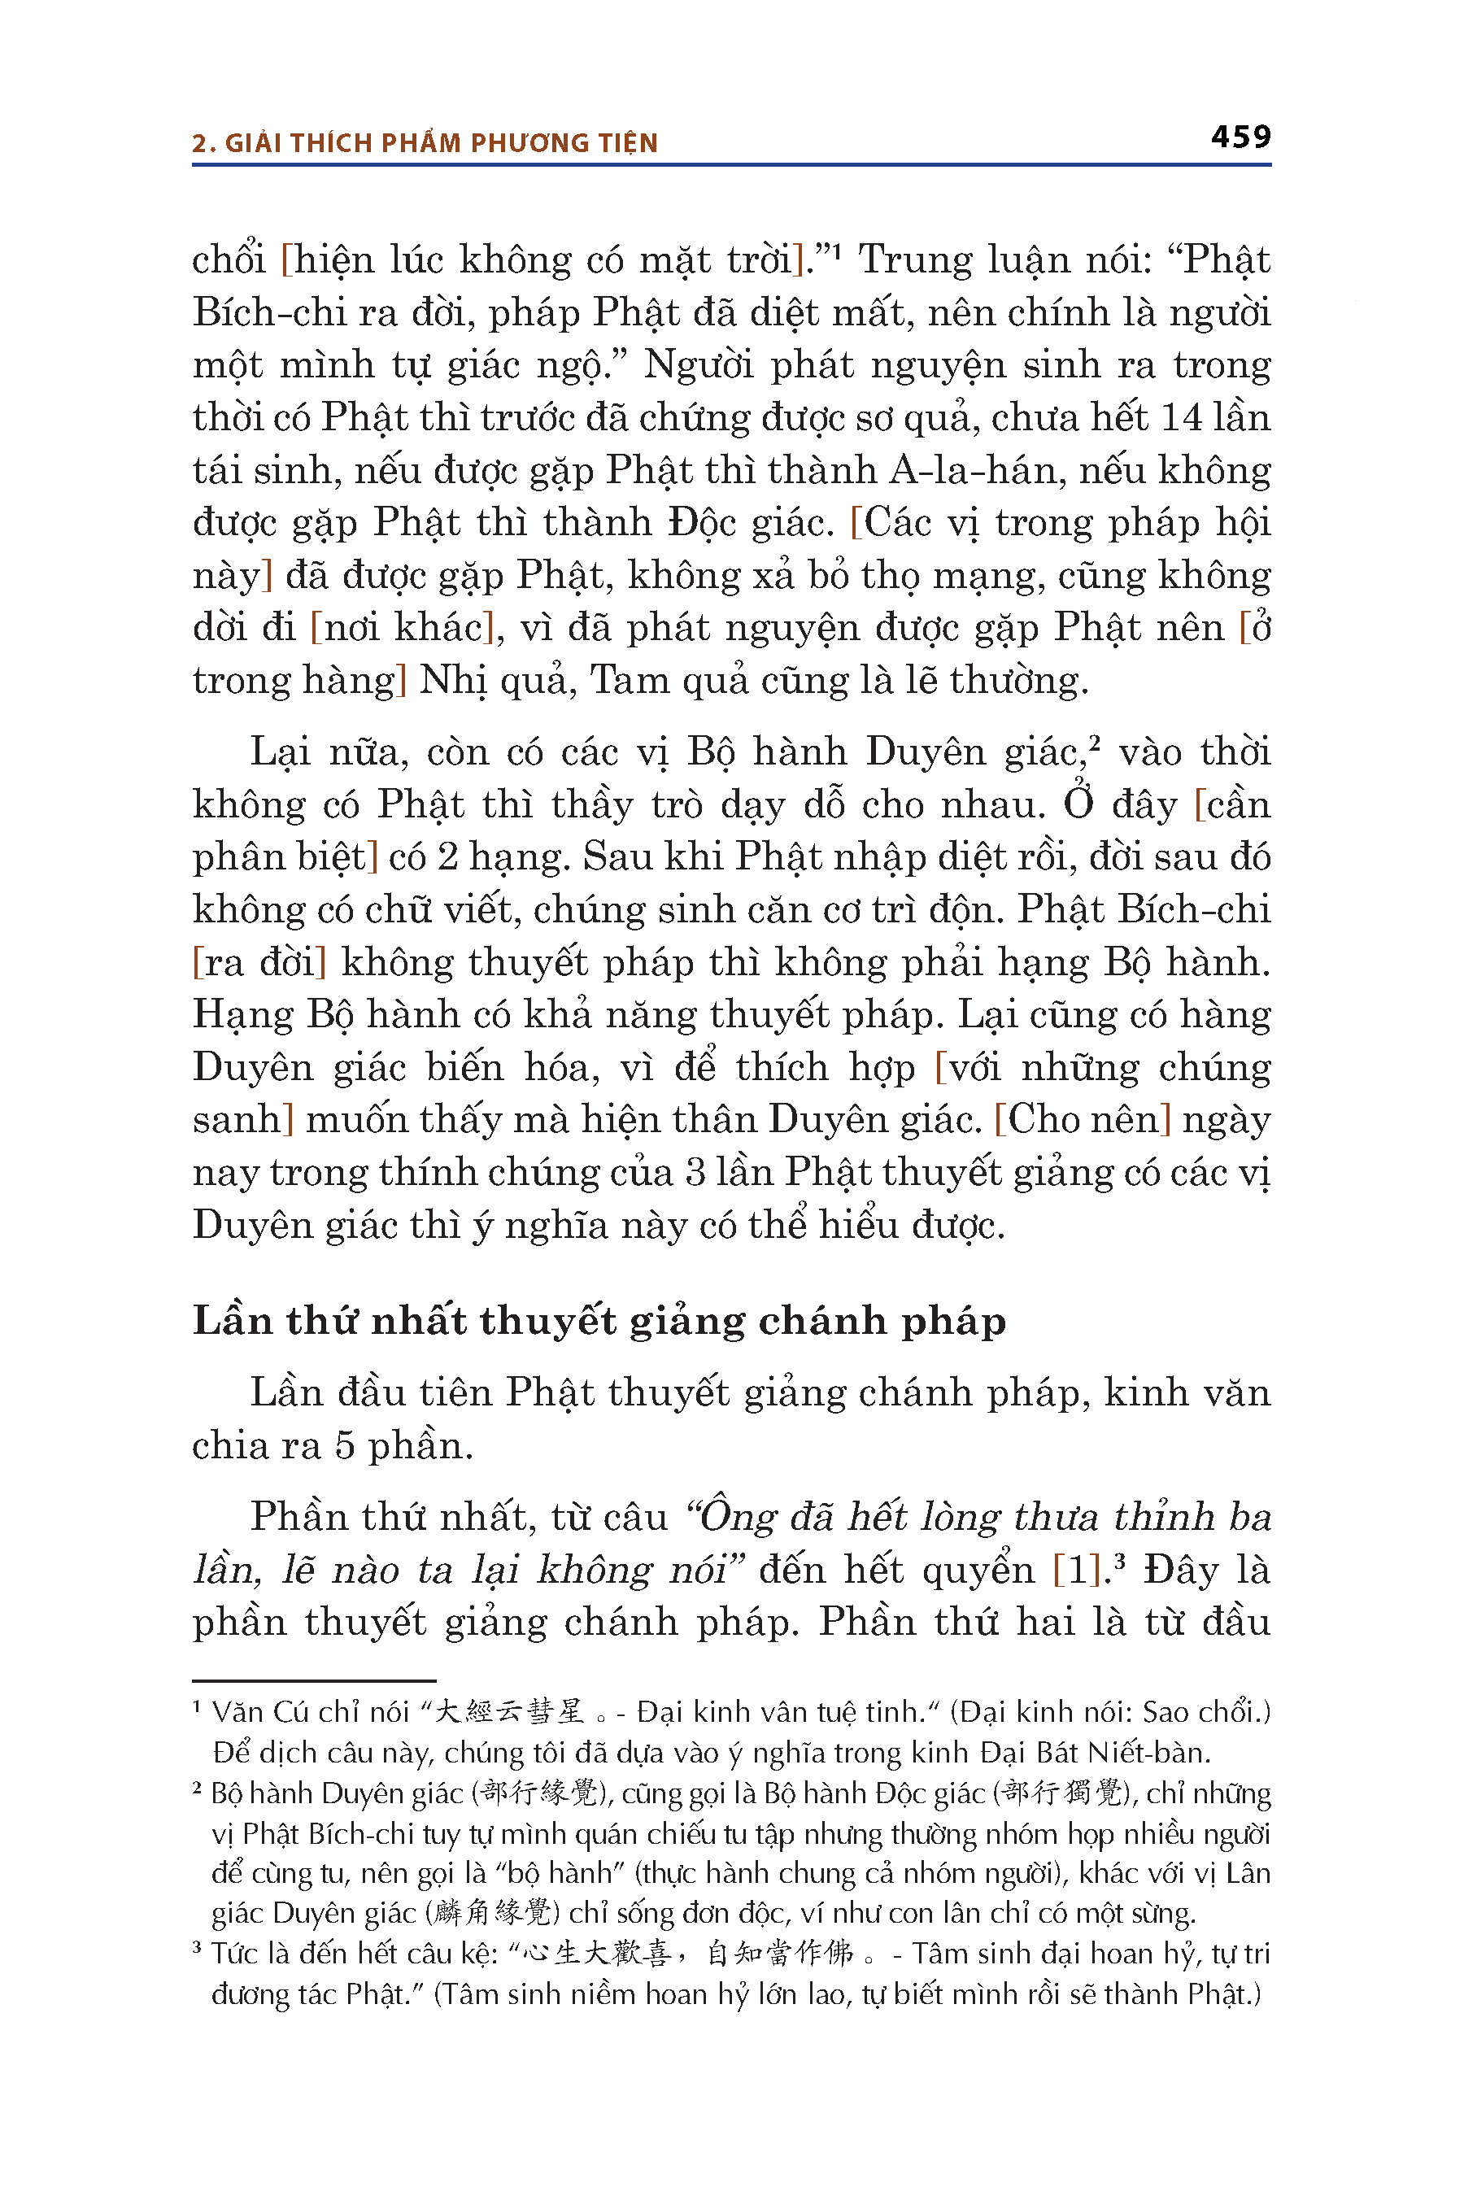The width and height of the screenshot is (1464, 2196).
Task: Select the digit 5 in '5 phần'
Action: click(x=345, y=1445)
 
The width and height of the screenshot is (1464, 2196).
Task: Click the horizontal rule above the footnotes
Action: click(x=314, y=1680)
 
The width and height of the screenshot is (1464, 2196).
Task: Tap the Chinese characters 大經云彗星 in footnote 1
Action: click(x=510, y=1712)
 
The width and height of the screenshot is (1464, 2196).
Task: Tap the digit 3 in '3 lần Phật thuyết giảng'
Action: click(x=695, y=1173)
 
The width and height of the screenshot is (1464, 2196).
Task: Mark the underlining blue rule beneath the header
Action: click(x=731, y=165)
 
